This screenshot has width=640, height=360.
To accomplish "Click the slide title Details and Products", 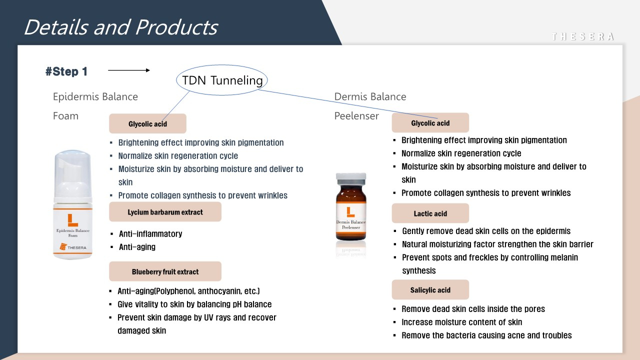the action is [121, 27].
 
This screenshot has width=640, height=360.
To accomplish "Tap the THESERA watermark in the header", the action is [583, 36].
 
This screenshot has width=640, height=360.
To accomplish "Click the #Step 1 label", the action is [66, 71].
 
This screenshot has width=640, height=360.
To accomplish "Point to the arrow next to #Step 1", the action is [129, 70].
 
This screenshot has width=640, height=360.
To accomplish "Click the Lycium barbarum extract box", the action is [165, 212].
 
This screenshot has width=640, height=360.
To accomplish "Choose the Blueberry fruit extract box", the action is [165, 271].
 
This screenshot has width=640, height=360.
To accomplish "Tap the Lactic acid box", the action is [430, 213].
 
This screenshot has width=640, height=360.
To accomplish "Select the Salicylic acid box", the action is [430, 289].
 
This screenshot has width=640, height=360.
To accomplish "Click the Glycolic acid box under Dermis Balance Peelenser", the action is [430, 123].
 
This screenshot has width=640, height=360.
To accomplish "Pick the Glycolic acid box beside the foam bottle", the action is [147, 123].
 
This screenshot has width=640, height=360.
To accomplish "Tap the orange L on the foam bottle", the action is [72, 220].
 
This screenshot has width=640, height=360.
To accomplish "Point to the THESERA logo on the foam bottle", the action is [73, 247].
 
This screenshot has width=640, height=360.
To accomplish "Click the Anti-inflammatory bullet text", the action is [150, 234].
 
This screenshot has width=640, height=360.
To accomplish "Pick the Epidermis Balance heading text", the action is [95, 96].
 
